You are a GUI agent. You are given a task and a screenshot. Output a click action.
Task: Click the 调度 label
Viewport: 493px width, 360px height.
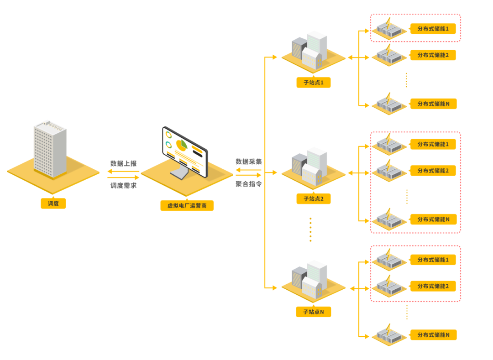pyautogui.click(x=53, y=203)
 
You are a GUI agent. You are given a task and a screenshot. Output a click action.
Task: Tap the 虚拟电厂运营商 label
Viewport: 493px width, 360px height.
pyautogui.click(x=187, y=206)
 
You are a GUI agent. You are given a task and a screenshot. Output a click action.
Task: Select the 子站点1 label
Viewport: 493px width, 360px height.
pyautogui.click(x=313, y=83)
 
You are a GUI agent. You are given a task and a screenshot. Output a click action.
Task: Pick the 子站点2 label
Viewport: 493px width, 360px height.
pyautogui.click(x=313, y=199)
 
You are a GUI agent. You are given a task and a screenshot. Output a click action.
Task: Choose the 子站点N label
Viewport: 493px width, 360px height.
pyautogui.click(x=313, y=312)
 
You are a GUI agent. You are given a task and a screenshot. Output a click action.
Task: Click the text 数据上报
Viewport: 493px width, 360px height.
pyautogui.click(x=123, y=163)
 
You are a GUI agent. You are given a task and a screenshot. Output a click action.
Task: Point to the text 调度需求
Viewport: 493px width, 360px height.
pyautogui.click(x=123, y=186)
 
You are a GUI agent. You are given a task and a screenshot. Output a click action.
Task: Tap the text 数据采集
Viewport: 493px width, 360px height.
pyautogui.click(x=249, y=162)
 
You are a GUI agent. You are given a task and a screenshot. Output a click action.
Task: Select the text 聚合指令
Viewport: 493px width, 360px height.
pyautogui.click(x=249, y=183)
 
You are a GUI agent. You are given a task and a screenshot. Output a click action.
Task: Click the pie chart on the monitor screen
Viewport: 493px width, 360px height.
pyautogui.click(x=181, y=146)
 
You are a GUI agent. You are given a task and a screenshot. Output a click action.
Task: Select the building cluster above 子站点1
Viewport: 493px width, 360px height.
pyautogui.click(x=310, y=50)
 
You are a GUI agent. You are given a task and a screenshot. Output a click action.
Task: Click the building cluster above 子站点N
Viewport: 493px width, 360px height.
pyautogui.click(x=310, y=280)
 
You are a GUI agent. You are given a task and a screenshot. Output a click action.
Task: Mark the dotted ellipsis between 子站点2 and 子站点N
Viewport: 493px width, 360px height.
pyautogui.click(x=310, y=230)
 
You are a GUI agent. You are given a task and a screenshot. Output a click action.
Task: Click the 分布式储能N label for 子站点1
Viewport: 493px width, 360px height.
pyautogui.click(x=433, y=104)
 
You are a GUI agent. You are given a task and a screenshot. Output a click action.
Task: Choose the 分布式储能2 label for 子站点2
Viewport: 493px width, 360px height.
pyautogui.click(x=433, y=171)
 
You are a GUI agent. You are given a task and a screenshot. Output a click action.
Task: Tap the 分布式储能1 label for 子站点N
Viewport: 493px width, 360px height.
pyautogui.click(x=433, y=260)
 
